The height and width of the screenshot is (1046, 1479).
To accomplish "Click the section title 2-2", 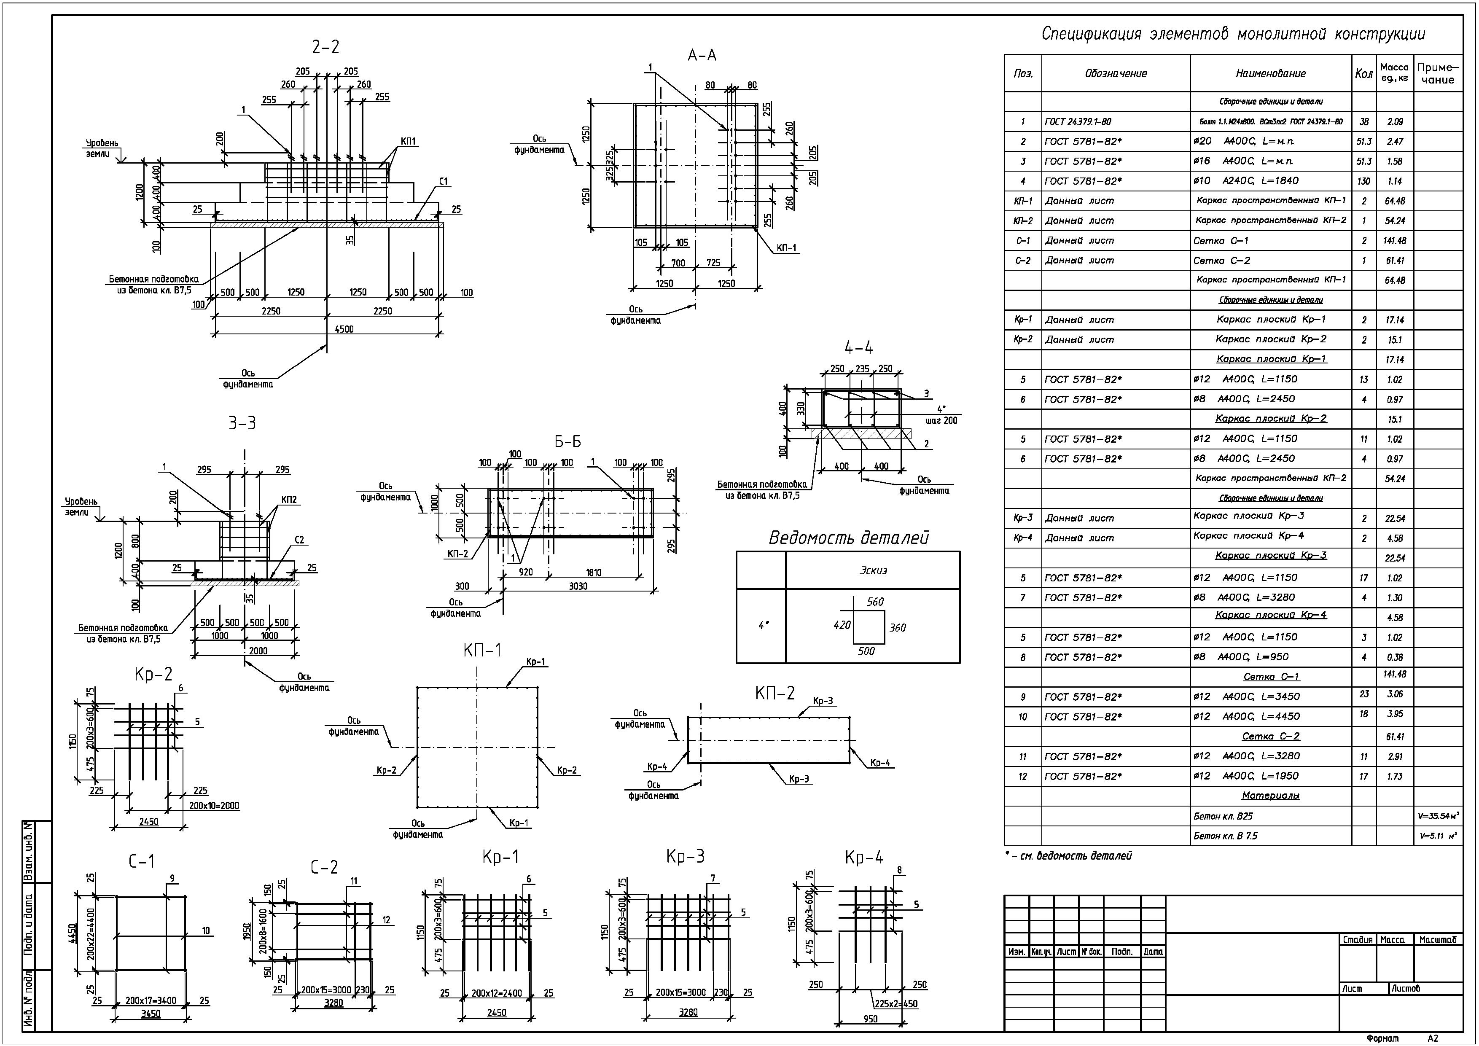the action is (x=325, y=47).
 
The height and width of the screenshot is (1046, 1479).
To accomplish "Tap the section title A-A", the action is (x=702, y=55).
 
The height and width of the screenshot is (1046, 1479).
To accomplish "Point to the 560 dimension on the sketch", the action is (x=875, y=602).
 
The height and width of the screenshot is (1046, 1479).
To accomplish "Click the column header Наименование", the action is (x=1270, y=73).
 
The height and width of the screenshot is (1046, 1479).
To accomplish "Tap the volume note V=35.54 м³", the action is (x=1438, y=816).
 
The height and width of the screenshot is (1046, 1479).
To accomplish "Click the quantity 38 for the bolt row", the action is (x=1364, y=122).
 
